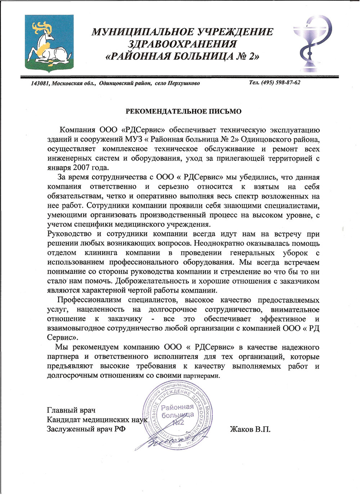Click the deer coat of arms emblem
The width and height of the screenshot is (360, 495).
tap(49, 44)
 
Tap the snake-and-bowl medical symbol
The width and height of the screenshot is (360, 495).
tap(309, 44)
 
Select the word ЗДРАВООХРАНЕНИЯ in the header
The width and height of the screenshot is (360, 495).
tap(183, 44)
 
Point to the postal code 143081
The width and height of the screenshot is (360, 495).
tap(40, 84)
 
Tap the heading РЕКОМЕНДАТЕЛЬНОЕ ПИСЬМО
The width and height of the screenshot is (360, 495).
tap(183, 111)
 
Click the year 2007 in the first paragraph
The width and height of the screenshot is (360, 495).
tap(81, 168)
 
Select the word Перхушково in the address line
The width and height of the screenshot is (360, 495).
tap(183, 84)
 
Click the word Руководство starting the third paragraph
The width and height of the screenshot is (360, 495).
tap(69, 234)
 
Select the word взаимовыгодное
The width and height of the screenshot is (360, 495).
tap(76, 328)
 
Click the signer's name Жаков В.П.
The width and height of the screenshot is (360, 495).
tap(250, 429)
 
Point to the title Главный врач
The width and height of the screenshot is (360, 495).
tap(71, 410)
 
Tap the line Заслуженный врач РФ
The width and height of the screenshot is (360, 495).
tap(86, 429)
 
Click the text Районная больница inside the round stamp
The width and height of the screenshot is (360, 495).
tap(177, 411)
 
